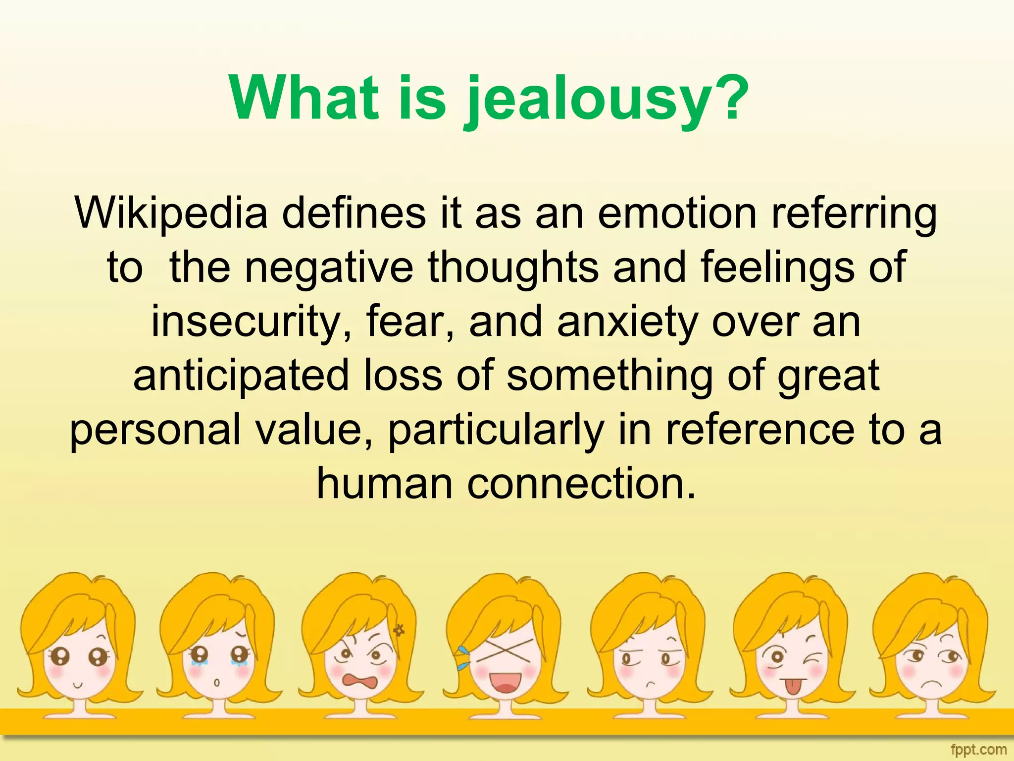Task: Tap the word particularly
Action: [496, 430]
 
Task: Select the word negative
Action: [329, 268]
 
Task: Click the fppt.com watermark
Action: [978, 750]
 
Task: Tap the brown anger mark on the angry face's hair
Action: [399, 630]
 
